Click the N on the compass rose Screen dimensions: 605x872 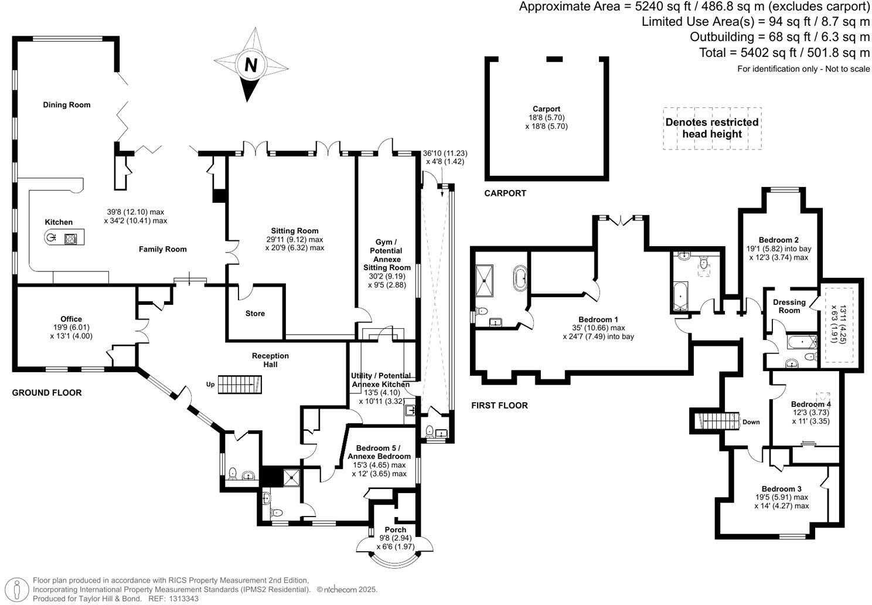click(251, 64)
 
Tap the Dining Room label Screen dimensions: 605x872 click(67, 105)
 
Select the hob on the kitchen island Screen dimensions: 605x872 click(71, 238)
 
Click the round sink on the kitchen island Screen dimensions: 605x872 click(51, 237)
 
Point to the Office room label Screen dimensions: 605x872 click(71, 320)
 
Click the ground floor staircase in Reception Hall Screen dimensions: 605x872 click(240, 385)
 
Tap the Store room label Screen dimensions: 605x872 click(255, 314)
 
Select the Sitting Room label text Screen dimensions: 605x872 click(294, 231)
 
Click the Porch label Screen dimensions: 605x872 click(396, 530)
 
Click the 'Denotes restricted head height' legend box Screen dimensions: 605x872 click(712, 128)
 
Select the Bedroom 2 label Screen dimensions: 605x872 click(778, 240)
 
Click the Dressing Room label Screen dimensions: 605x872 click(789, 306)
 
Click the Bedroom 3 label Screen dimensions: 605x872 click(781, 489)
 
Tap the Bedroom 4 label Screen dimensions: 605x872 click(810, 405)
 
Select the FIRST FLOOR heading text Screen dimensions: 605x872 click(499, 406)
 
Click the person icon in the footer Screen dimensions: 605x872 click(20, 589)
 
